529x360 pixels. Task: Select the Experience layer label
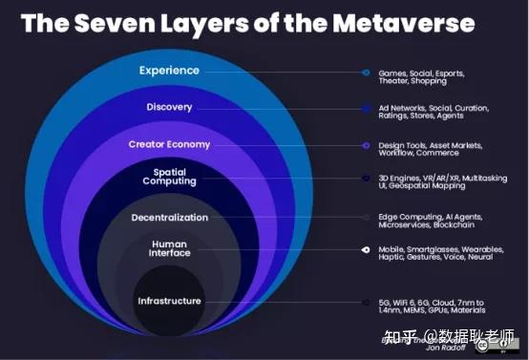click(169, 70)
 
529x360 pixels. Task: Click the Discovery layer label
click(169, 107)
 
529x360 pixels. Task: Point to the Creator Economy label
click(169, 144)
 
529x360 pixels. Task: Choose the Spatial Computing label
click(169, 177)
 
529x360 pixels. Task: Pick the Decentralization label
click(169, 217)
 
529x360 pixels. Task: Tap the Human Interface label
click(169, 248)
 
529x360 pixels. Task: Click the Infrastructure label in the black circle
click(169, 301)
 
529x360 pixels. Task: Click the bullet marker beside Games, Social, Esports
click(366, 72)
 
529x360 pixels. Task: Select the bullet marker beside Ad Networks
click(366, 108)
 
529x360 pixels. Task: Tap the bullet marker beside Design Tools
click(366, 145)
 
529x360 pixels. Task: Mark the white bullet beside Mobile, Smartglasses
click(366, 250)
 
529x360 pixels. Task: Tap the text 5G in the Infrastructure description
click(385, 301)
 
